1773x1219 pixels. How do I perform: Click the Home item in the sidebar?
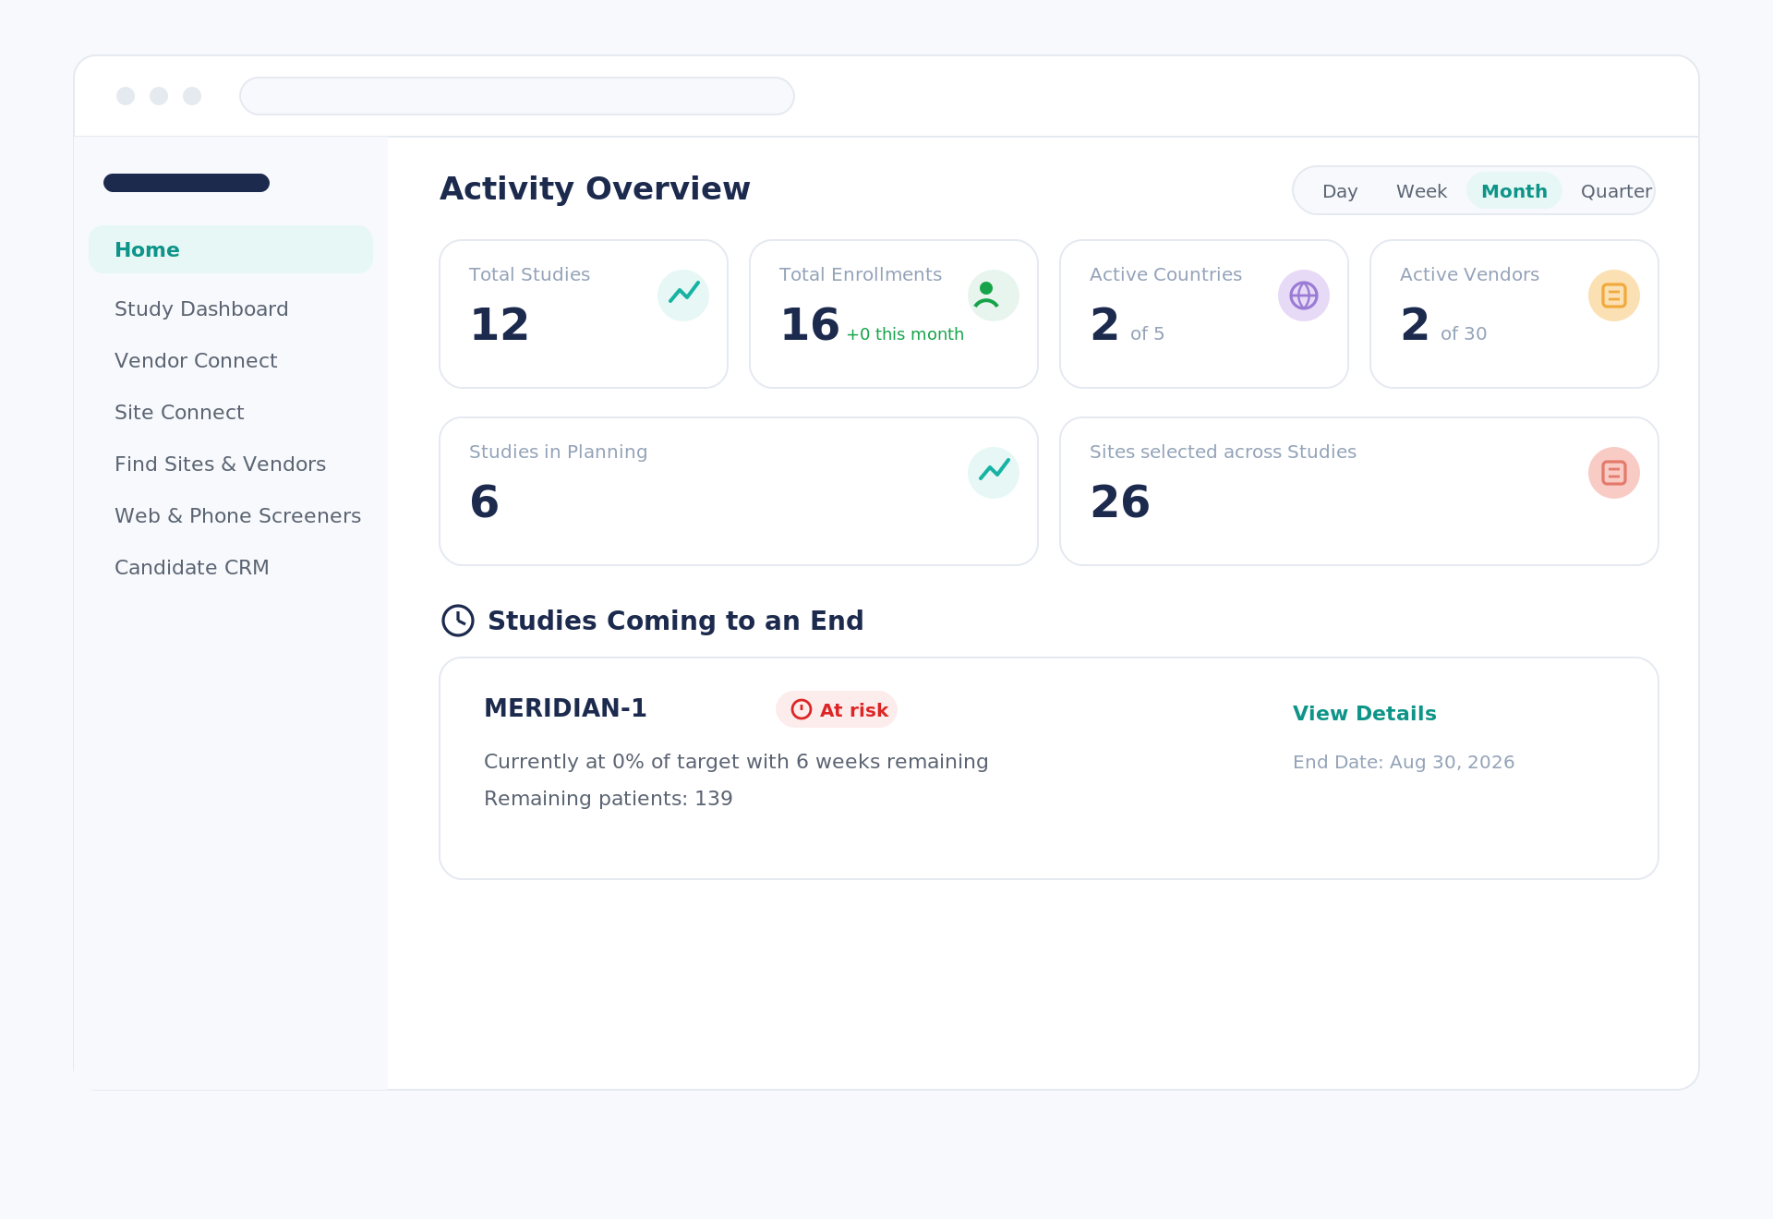point(231,249)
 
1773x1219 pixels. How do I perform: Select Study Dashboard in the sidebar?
point(201,309)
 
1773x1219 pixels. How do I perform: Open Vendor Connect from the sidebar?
point(196,361)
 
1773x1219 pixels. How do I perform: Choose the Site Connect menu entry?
point(179,413)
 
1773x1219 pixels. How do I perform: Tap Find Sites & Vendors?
point(220,465)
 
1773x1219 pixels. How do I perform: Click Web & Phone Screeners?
point(237,516)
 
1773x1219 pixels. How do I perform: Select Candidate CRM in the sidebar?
point(192,568)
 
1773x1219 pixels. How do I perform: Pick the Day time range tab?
point(1340,191)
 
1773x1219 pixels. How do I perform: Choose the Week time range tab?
point(1421,191)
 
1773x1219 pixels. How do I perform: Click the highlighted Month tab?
point(1514,191)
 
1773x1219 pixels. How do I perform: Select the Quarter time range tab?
point(1616,191)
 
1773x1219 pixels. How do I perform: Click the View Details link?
point(1365,714)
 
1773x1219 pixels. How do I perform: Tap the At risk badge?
point(837,709)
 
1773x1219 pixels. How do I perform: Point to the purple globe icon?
point(1304,296)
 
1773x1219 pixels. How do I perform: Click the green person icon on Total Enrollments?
point(994,296)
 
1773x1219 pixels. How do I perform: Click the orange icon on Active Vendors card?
point(1614,296)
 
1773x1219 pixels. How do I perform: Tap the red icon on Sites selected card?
point(1614,473)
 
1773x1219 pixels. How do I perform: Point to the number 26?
point(1120,502)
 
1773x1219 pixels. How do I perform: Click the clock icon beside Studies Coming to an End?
point(458,621)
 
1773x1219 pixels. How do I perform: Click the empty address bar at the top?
point(517,96)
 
